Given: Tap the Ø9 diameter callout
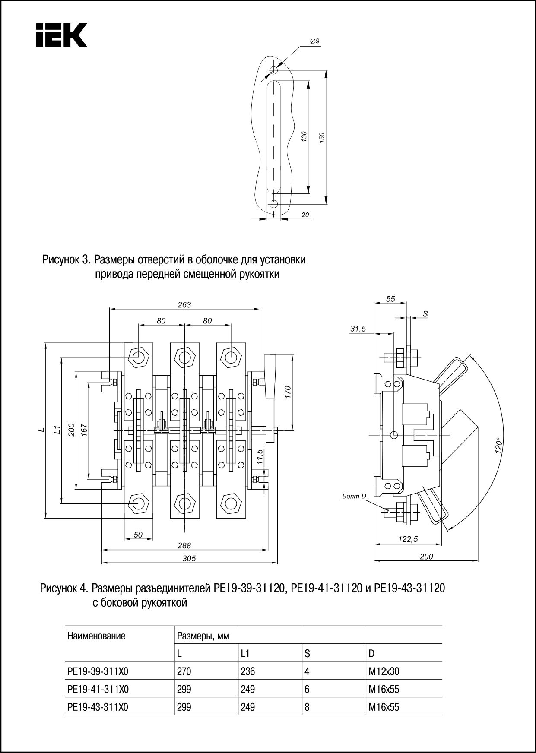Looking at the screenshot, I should pos(314,41).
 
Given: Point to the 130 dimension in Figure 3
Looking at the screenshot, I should pos(304,137).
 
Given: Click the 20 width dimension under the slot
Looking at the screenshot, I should pos(305,215).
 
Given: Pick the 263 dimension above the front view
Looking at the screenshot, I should pos(184,304).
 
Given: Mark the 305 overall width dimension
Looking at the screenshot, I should pos(189,558).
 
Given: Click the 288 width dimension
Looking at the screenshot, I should pos(184,546).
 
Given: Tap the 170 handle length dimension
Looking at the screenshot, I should pos(288,392).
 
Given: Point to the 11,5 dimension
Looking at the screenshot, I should pos(259,457).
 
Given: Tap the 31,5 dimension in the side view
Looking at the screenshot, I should pos(358,329).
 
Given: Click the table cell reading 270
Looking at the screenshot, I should pos(184,671).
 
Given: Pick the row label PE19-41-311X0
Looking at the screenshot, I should pos(98,690).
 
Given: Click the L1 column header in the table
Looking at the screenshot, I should pos(245,654).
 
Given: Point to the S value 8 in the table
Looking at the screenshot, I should pos(307,707).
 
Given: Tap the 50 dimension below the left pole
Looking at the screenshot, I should pos(138,535).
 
